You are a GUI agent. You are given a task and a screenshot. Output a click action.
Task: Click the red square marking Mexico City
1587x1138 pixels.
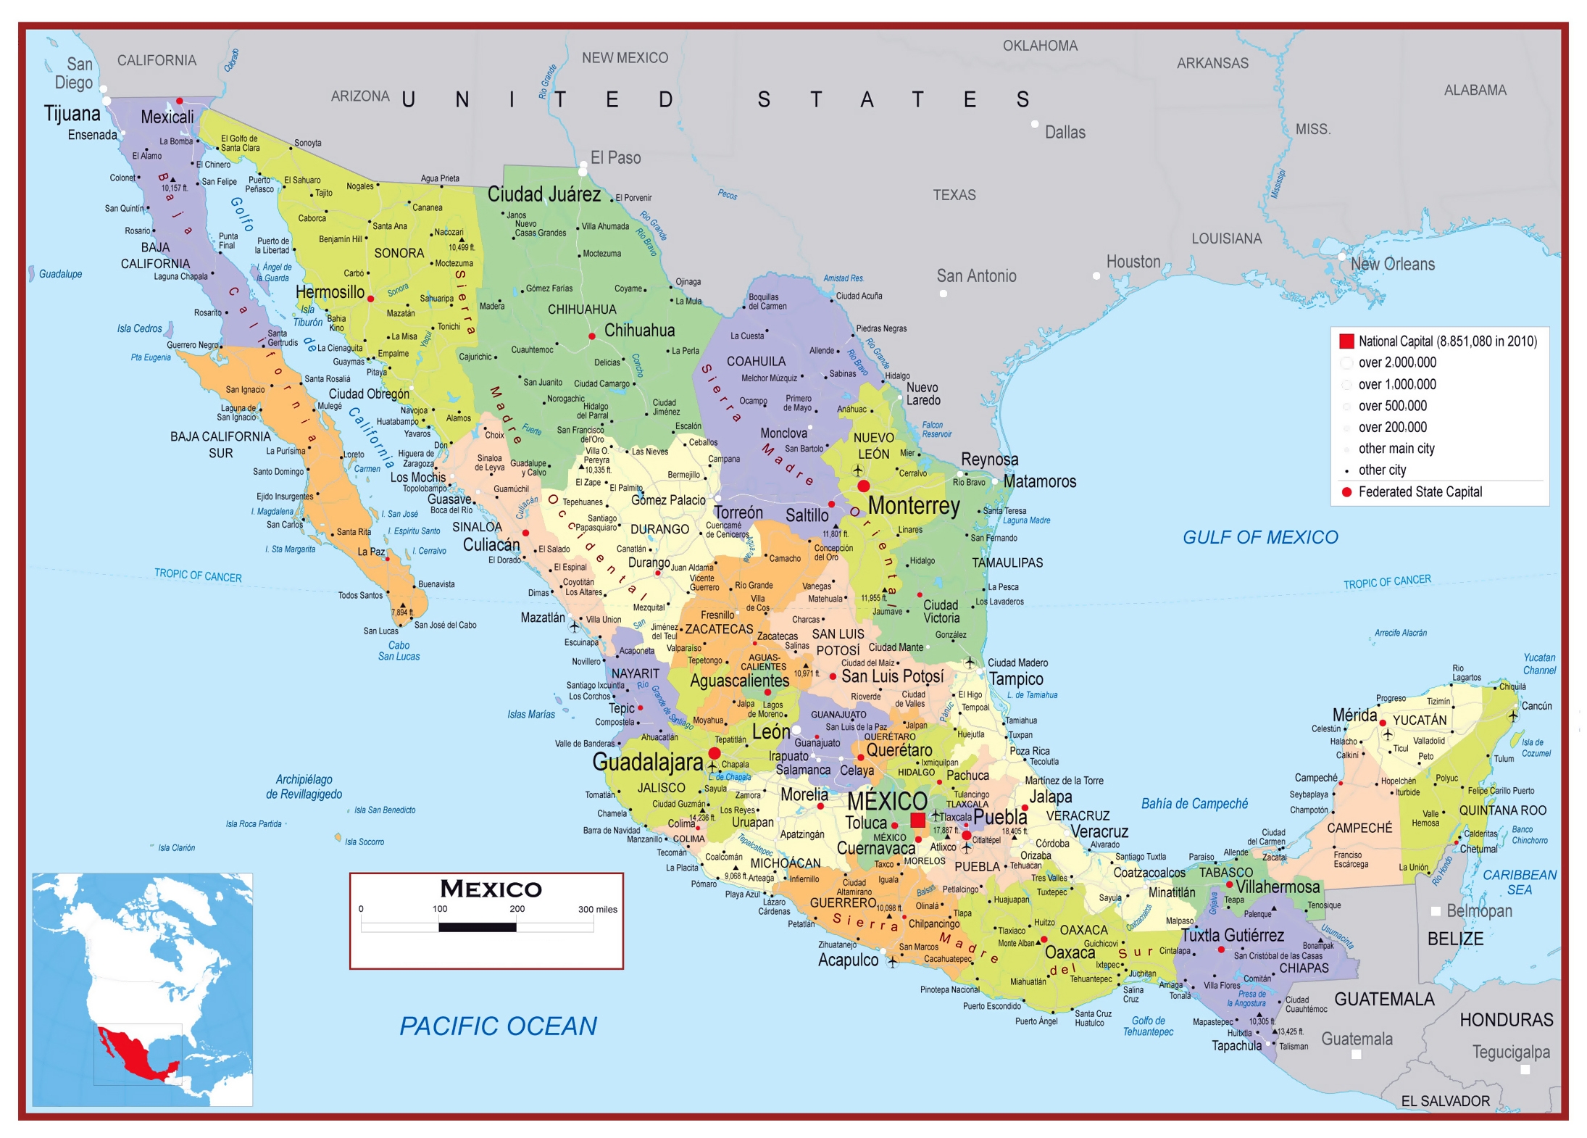pos(917,820)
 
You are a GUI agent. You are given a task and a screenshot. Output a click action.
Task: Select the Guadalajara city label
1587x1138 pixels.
pos(647,762)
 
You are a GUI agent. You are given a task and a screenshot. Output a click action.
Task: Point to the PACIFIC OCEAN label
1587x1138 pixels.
pos(498,1026)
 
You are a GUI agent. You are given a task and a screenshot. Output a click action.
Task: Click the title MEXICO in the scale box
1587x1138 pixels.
pos(491,889)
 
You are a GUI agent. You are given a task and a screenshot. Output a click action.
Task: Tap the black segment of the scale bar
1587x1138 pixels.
pos(477,927)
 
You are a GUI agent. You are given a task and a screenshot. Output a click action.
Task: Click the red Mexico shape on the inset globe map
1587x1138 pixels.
pos(134,1055)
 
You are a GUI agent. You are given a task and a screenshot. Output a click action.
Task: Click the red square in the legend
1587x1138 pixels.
pos(1346,341)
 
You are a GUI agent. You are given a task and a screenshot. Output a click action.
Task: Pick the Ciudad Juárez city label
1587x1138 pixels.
pos(543,194)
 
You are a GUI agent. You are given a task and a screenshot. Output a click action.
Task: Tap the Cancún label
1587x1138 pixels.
pos(1536,705)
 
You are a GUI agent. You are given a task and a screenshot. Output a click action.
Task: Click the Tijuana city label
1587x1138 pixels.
pos(72,114)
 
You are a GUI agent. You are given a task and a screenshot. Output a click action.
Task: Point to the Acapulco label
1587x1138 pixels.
pos(847,960)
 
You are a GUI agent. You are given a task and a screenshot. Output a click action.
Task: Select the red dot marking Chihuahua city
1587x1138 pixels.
pos(592,336)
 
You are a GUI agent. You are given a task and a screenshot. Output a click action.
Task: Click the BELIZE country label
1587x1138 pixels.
pos(1455,939)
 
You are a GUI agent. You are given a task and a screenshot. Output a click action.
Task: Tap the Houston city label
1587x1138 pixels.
pos(1133,262)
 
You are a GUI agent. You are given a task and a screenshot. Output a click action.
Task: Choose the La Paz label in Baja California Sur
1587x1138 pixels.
pos(371,552)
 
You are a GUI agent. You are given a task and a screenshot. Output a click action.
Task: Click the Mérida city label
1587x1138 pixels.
pos(1354,715)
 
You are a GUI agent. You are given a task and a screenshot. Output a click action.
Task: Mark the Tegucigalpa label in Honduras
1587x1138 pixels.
pos(1510,1052)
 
